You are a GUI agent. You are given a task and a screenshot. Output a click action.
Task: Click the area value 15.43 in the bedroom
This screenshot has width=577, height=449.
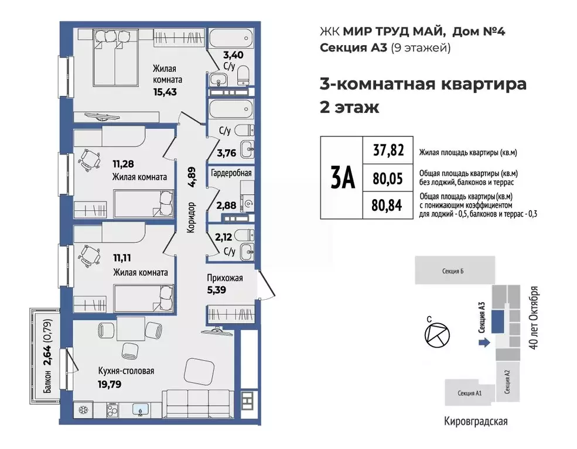pyautogui.click(x=165, y=91)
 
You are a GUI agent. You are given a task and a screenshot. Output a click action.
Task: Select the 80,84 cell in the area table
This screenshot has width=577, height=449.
pyautogui.click(x=388, y=205)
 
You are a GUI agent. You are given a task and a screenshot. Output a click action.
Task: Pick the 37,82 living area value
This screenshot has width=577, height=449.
pyautogui.click(x=388, y=151)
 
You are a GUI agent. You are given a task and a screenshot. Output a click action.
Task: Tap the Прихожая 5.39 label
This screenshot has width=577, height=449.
pyautogui.click(x=224, y=284)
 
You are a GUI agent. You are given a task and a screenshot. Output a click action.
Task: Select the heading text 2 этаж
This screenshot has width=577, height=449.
pyautogui.click(x=349, y=108)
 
